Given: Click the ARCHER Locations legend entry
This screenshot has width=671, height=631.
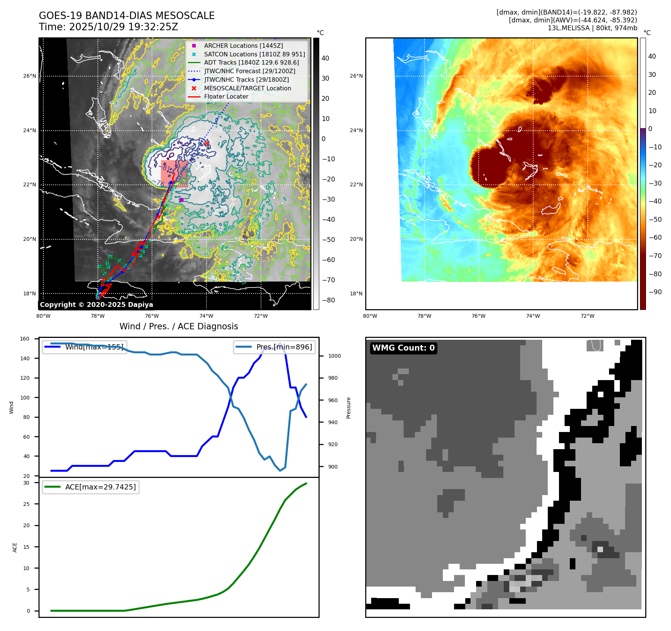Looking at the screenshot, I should tap(243, 46).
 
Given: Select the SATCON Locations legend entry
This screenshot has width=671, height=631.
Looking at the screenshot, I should tap(254, 54).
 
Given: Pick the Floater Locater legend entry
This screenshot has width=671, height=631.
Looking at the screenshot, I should tap(226, 96).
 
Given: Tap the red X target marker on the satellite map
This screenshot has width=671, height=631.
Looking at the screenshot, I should tap(206, 143).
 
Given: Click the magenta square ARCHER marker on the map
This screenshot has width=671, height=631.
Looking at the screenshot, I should tap(181, 200).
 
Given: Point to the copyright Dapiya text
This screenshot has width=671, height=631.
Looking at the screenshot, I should tap(96, 305).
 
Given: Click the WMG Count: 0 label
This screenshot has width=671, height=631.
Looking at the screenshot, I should tap(403, 348).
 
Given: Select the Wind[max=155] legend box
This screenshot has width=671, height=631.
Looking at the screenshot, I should tap(84, 347).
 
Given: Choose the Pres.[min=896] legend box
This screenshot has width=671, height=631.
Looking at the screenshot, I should tap(274, 347).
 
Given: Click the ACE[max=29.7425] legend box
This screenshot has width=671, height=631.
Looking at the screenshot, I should tap(91, 487).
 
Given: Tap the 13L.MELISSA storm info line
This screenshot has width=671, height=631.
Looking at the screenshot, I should tap(592, 28).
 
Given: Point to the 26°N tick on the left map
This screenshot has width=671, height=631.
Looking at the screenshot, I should tap(29, 76).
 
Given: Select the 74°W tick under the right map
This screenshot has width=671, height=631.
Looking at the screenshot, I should tap(533, 316).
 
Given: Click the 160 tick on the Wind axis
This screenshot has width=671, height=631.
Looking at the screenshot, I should tap(25, 339).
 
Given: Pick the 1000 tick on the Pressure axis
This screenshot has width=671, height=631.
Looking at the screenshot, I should tap(334, 356).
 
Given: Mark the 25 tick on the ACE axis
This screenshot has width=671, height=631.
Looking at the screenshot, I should tap(26, 504).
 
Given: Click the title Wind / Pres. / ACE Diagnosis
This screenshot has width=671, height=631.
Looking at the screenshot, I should tap(178, 326).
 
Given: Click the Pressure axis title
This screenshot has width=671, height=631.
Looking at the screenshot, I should tap(348, 408).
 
